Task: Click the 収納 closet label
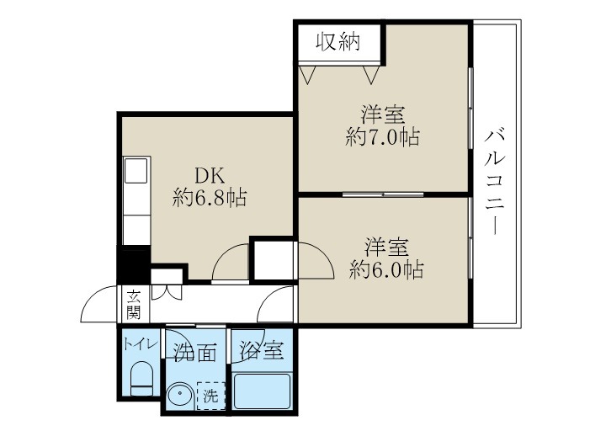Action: coord(339,41)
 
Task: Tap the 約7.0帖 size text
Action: coord(383,136)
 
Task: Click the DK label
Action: coord(209,175)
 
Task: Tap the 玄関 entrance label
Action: coord(134,304)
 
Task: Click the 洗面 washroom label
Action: coord(195,351)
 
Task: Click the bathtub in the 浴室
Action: coord(261,392)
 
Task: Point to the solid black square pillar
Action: coord(132,265)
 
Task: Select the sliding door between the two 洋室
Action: coord(383,194)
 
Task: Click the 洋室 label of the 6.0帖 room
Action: coord(386,247)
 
